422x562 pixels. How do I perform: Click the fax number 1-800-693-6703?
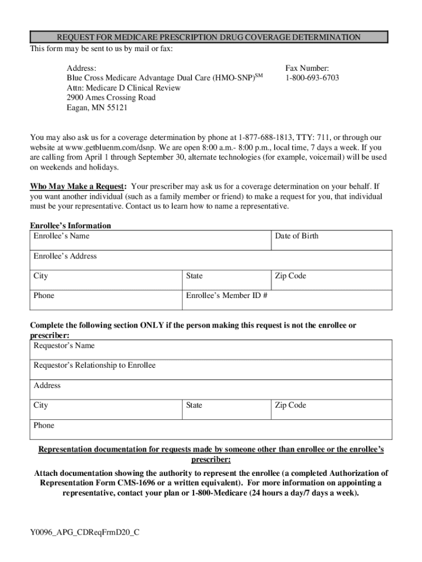[312, 78]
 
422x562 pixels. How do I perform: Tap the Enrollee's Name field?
[151, 240]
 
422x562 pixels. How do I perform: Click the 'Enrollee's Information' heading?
[70, 226]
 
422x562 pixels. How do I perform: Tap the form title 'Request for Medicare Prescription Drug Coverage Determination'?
[209, 37]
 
